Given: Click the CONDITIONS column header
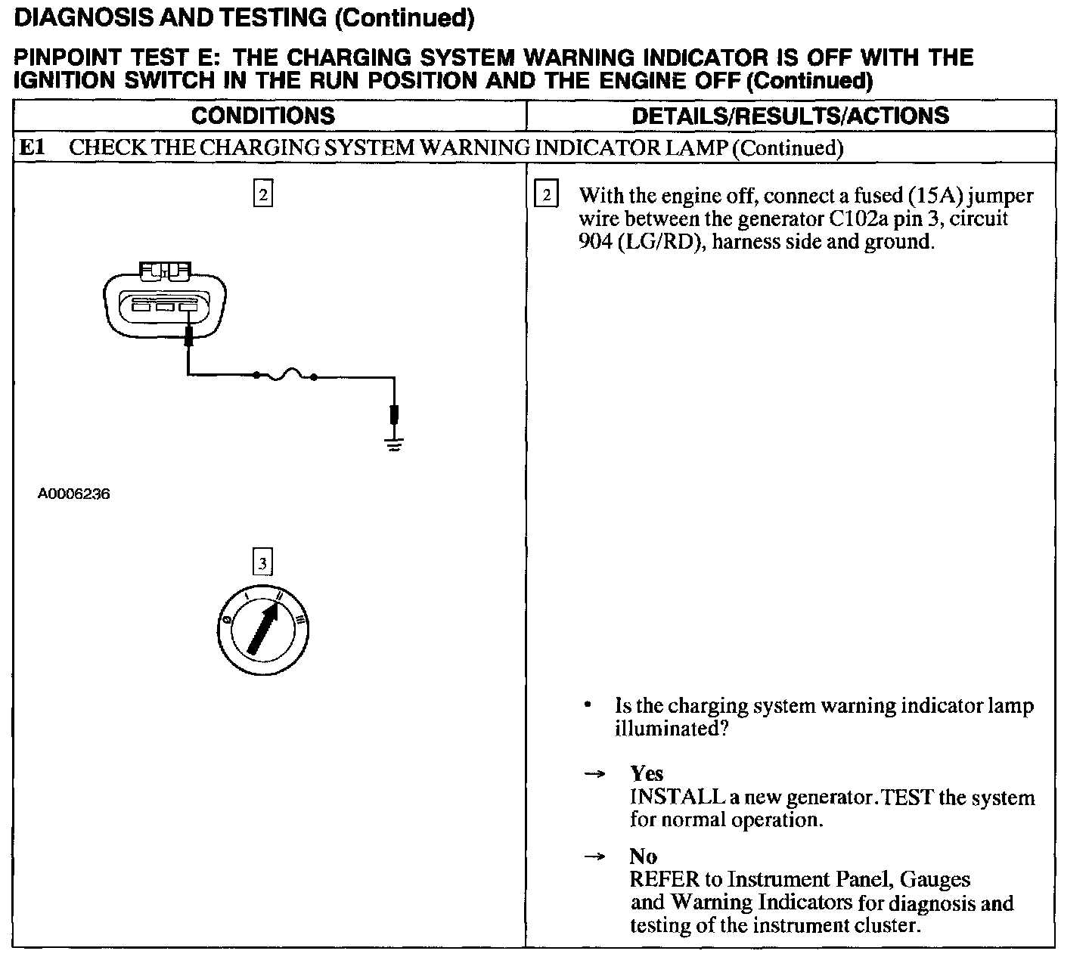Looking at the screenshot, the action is pos(262,116).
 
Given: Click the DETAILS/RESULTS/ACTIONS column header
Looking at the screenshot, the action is pos(790,116).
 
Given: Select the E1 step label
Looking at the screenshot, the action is pos(32,147).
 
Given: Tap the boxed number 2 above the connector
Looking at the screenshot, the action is pos(262,194).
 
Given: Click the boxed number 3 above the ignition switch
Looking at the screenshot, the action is pos(262,562).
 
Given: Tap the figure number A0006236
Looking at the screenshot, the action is pos(74,494).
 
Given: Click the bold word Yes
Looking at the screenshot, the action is pos(647,773).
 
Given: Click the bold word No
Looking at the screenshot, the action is pos(643,856).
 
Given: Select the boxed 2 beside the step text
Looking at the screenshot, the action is pos(544,196).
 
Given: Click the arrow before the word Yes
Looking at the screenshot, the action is pos(595,774).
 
